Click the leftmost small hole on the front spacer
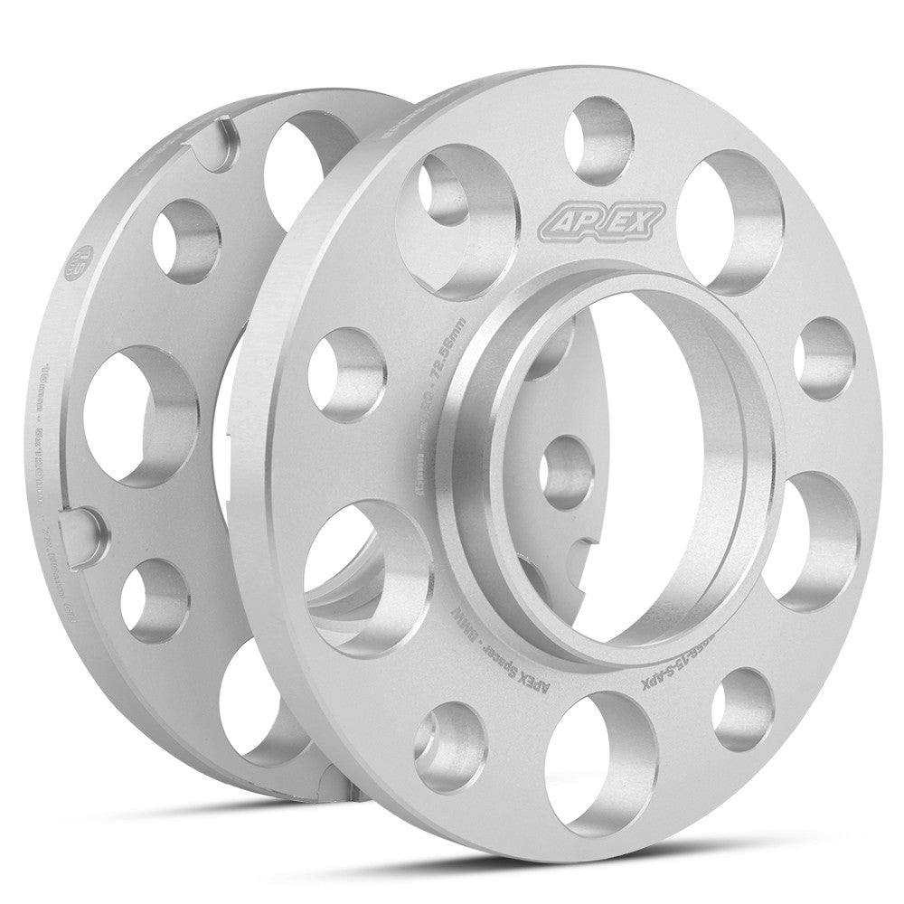pyautogui.click(x=346, y=372)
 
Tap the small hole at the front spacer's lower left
pyautogui.click(x=449, y=745)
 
